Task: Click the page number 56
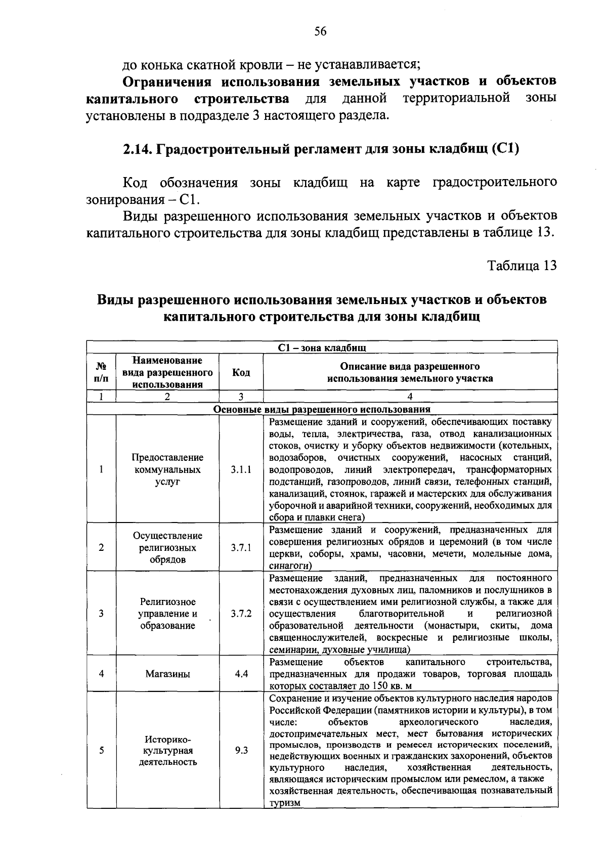coord(321,31)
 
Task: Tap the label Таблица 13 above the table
coord(522,265)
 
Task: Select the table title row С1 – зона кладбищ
coord(322,348)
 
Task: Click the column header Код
coord(241,372)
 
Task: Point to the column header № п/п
coord(102,372)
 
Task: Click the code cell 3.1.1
coord(241,469)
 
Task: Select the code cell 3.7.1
coord(241,548)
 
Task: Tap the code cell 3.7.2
coord(241,614)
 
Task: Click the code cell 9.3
coord(241,751)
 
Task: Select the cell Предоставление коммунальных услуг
coord(168,469)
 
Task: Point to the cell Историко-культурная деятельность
coord(168,751)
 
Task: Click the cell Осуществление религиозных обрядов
coord(168,548)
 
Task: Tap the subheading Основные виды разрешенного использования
coord(322,409)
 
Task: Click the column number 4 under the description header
coord(410,397)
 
